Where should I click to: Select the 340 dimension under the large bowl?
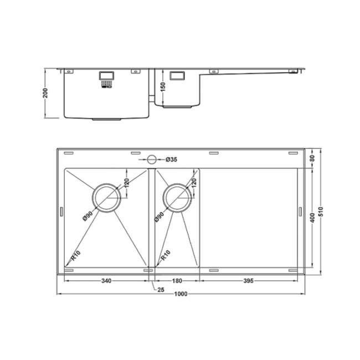pos(106,281)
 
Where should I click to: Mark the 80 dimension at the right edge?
pos(313,158)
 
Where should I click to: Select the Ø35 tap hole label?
pos(171,160)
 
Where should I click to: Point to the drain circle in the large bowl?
pos(105,198)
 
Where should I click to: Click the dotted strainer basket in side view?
pos(106,83)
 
